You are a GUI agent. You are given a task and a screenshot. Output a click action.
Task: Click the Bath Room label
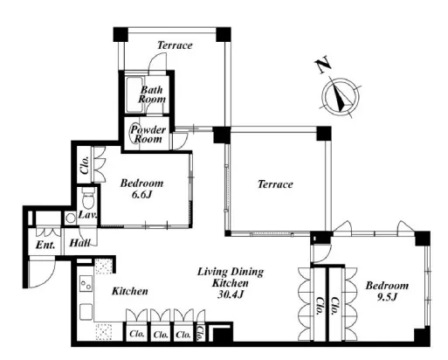coord(152,94)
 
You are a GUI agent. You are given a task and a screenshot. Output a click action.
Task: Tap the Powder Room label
coord(148,135)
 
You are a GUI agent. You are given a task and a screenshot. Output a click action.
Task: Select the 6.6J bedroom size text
coord(141,195)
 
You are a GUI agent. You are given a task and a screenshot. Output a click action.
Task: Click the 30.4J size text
coord(231,294)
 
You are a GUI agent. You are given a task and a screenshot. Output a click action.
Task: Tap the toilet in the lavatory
coord(88,197)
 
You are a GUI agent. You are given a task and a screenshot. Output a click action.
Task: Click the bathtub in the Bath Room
coord(134,94)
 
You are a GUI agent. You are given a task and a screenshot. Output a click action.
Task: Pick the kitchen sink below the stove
coord(86,312)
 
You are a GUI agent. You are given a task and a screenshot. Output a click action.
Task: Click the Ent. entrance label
coord(45,246)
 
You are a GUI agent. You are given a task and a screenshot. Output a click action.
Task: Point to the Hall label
coord(79,243)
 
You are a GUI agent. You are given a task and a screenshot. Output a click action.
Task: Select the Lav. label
coord(87,215)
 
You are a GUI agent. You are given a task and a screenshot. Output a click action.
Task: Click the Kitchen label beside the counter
coord(130,291)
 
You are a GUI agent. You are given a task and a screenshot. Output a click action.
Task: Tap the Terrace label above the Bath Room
coord(175,45)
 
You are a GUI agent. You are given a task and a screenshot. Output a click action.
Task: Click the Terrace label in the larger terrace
coord(275,184)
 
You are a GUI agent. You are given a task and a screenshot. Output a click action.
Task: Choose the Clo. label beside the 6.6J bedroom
coord(85,165)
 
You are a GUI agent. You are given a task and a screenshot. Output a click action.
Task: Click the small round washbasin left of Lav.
coord(70,218)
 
